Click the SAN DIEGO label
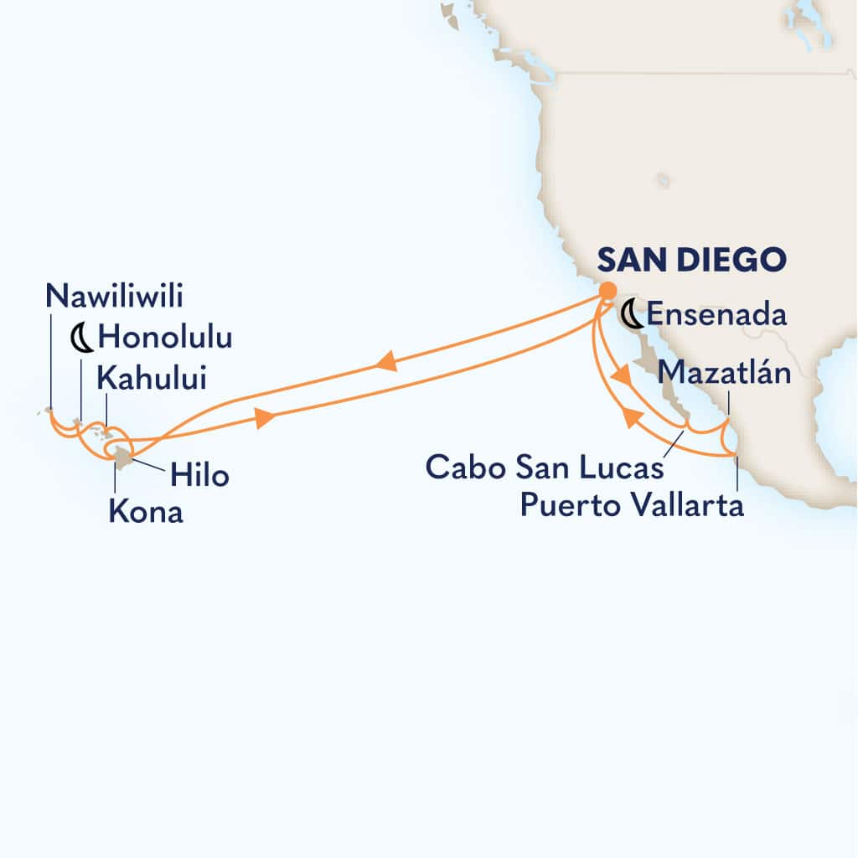pyautogui.click(x=691, y=260)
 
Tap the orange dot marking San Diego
pyautogui.click(x=605, y=290)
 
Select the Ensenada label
pyautogui.click(x=716, y=316)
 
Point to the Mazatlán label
pyautogui.click(x=725, y=373)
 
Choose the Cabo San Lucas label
pyautogui.click(x=545, y=467)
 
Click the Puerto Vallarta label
pyautogui.click(x=632, y=506)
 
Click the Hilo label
pyautogui.click(x=199, y=475)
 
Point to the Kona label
pyautogui.click(x=146, y=512)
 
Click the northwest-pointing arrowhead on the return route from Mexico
pyautogui.click(x=628, y=416)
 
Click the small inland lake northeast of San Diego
pyautogui.click(x=664, y=180)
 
